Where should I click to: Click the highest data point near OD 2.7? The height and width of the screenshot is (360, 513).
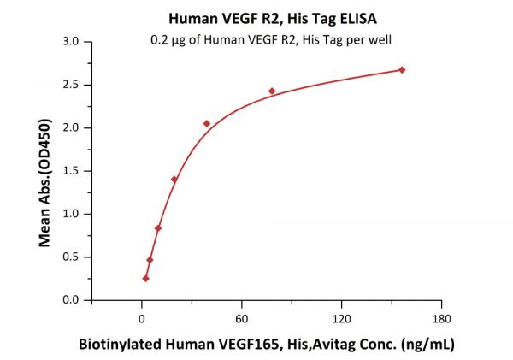tap(402, 69)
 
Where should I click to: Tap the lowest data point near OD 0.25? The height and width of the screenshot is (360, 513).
tap(146, 278)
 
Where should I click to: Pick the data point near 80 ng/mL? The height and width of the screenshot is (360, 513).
tap(272, 91)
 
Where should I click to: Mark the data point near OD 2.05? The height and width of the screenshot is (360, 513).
tap(207, 123)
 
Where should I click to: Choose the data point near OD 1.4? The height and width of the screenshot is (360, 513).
tap(174, 179)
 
